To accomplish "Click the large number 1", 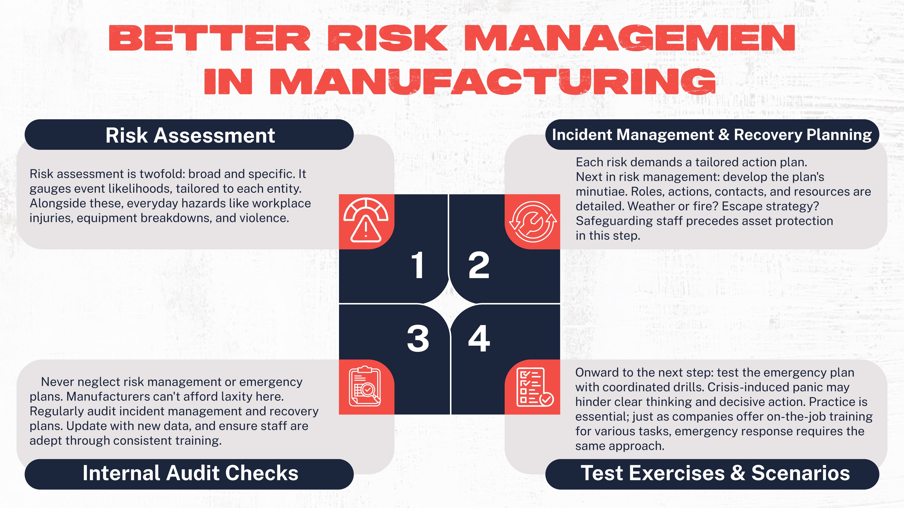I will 418,265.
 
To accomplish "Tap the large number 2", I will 479,265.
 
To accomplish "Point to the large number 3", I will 418,339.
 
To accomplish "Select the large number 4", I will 479,339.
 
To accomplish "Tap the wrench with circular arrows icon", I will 533,221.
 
